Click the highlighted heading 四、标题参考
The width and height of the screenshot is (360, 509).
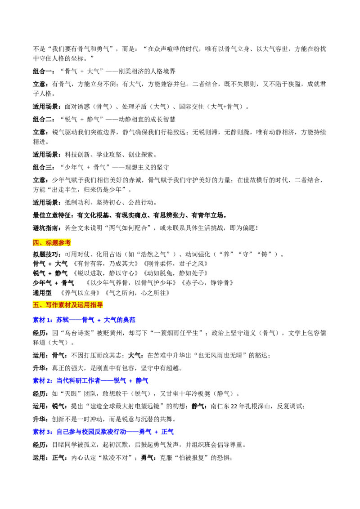[52, 242]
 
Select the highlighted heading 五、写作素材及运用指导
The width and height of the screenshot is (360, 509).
[67, 305]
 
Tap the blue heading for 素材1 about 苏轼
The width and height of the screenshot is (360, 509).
[84, 320]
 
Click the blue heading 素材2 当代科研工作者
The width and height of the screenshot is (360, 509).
[90, 380]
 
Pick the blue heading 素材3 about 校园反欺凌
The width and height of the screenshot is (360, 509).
[103, 432]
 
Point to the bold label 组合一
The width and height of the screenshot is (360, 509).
[44, 71]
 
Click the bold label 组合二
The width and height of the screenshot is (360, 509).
[44, 119]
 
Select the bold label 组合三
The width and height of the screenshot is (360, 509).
[44, 167]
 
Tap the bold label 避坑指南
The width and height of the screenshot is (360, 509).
[45, 228]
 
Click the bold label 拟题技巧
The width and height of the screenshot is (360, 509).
[45, 254]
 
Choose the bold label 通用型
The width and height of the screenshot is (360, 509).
[42, 293]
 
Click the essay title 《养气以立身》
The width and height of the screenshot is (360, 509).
[80, 293]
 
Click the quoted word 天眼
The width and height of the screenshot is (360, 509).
[71, 393]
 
